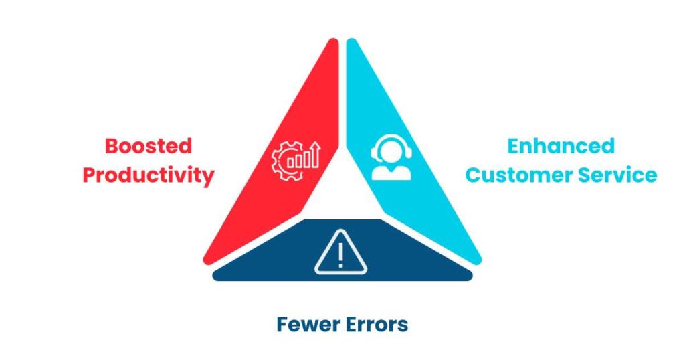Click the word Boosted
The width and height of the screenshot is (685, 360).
pos(149,146)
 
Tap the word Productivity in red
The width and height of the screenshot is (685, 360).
pos(149,175)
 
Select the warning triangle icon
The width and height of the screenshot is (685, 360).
pos(340,253)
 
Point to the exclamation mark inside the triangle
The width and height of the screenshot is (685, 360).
pos(340,255)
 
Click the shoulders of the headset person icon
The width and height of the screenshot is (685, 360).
pos(391,173)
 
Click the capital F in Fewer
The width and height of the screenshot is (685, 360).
pos(282,325)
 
